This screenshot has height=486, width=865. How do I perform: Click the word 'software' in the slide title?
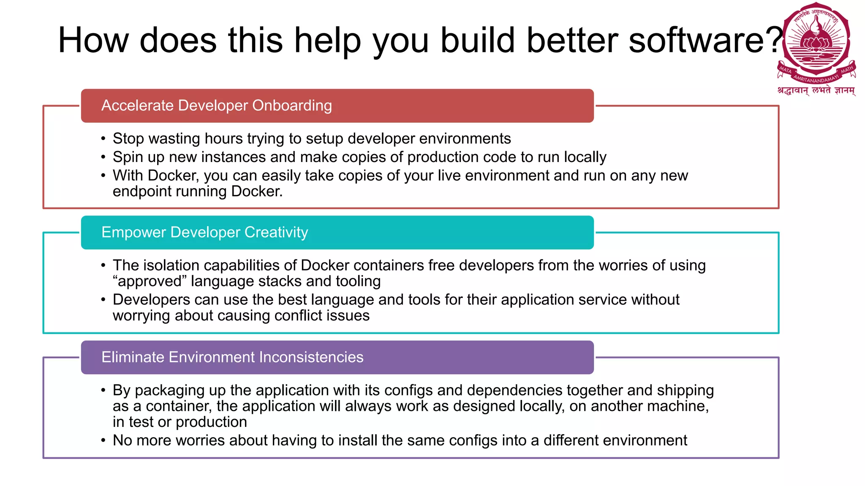[x=697, y=40]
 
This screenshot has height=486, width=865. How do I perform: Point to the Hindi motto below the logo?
[x=816, y=90]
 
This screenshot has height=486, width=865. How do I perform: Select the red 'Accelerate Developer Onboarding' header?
[x=337, y=106]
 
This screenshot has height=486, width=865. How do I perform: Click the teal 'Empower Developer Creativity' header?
[x=337, y=232]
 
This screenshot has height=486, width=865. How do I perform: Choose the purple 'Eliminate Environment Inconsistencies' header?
[x=337, y=357]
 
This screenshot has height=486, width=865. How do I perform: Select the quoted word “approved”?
[x=150, y=281]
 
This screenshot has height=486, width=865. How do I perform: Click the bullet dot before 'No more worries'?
[x=103, y=441]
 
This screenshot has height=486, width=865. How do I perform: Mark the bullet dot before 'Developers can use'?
[x=103, y=300]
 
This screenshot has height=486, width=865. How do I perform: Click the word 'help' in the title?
[x=328, y=40]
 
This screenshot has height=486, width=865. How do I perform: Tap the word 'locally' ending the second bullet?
[x=585, y=157]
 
